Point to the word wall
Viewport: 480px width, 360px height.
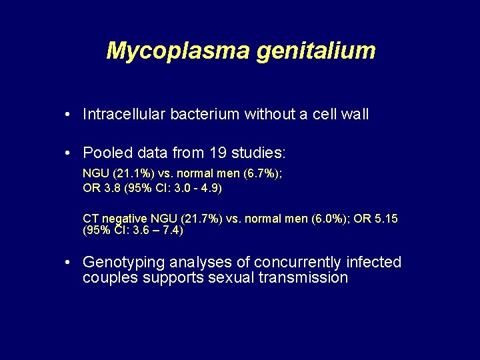pyautogui.click(x=354, y=115)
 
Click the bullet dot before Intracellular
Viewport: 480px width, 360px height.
pyautogui.click(x=69, y=115)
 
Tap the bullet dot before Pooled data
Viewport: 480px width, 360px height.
pyautogui.click(x=69, y=153)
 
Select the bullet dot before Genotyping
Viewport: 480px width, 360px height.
pyautogui.click(x=69, y=263)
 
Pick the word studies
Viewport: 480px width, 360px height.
pyautogui.click(x=258, y=153)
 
